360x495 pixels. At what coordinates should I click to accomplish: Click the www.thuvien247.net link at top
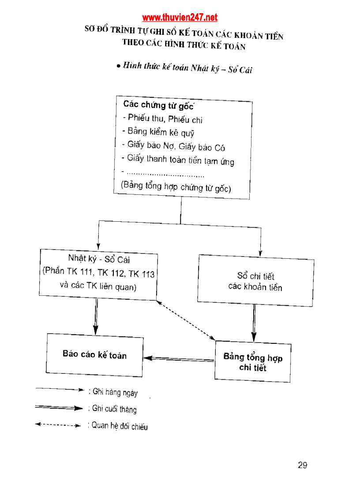180,18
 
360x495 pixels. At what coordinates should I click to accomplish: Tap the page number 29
302,465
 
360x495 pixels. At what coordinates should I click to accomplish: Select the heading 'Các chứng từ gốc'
158,105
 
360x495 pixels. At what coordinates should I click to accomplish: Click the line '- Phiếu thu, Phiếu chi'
162,119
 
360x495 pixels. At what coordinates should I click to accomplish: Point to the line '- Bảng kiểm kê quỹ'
157,132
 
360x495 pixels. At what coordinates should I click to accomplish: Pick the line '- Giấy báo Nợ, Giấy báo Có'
173,146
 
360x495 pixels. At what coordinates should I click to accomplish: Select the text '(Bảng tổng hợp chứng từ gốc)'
176,186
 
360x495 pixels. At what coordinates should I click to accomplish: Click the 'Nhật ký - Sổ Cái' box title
99,259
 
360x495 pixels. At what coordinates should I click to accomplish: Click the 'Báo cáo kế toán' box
94,355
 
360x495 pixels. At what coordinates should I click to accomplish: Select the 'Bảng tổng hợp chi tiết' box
253,362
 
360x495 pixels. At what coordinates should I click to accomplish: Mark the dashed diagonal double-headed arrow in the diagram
185,320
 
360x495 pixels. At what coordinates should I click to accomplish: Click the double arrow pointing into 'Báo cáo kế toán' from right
179,359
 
